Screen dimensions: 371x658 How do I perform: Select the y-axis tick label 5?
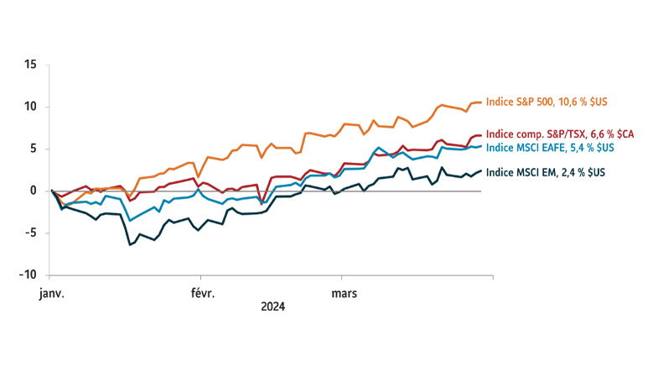pos(32,149)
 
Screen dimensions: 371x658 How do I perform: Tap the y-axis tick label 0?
pos(32,191)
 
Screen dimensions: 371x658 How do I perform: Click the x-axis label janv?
pos(51,294)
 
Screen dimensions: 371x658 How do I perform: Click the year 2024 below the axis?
pos(272,307)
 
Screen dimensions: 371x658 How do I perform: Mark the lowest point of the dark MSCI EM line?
pos(129,244)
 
